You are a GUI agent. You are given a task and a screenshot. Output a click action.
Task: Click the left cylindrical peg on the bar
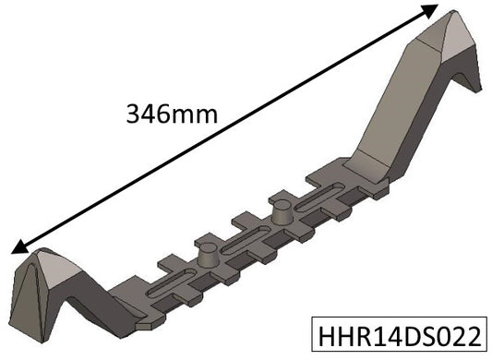[x=210, y=253]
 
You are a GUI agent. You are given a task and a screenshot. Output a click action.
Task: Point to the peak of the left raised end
[x=42, y=254]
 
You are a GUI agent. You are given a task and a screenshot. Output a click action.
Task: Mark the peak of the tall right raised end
[x=452, y=16]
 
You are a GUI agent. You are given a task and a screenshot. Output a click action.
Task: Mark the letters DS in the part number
[x=416, y=333]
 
